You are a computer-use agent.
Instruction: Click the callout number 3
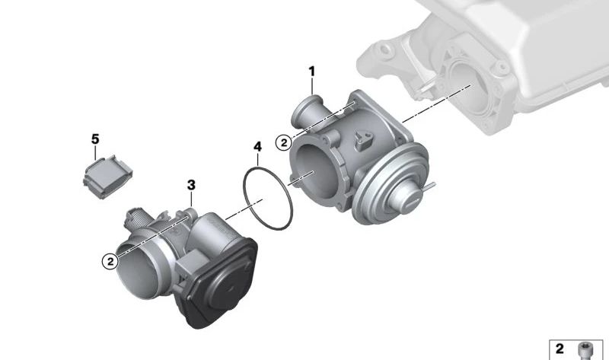[x=191, y=185]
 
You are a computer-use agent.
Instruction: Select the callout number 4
[x=257, y=145]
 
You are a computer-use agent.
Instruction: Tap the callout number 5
[x=95, y=139]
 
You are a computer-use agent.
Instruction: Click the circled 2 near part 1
[x=282, y=142]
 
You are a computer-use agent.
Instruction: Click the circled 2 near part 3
[x=111, y=260]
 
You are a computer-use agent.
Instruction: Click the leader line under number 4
[x=258, y=159]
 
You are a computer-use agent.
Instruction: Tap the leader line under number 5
[x=96, y=152]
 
